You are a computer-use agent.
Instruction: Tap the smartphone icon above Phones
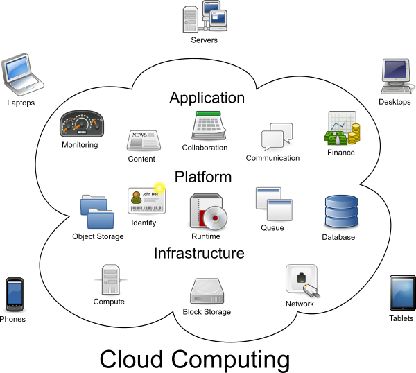tap(15, 295)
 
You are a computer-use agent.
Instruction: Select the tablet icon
tap(402, 293)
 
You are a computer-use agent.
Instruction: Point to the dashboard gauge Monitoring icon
tap(82, 123)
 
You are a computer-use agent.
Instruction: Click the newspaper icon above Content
tap(144, 141)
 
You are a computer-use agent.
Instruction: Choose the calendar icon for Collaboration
tap(209, 125)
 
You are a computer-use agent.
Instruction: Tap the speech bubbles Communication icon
tap(277, 137)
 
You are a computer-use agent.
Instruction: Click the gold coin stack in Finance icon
tap(354, 133)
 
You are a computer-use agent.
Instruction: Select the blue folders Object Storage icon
tap(97, 212)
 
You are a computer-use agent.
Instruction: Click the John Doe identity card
tap(147, 200)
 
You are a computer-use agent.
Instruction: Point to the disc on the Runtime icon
tap(215, 218)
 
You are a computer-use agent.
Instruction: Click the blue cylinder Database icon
tap(341, 211)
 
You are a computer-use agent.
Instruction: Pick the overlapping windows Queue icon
tap(274, 204)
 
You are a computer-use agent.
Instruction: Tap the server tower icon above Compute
tap(111, 279)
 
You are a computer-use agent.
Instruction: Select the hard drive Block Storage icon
tap(207, 291)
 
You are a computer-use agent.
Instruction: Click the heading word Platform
tap(203, 177)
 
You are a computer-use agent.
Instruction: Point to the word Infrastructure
tap(199, 253)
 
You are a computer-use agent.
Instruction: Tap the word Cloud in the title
tap(131, 359)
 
